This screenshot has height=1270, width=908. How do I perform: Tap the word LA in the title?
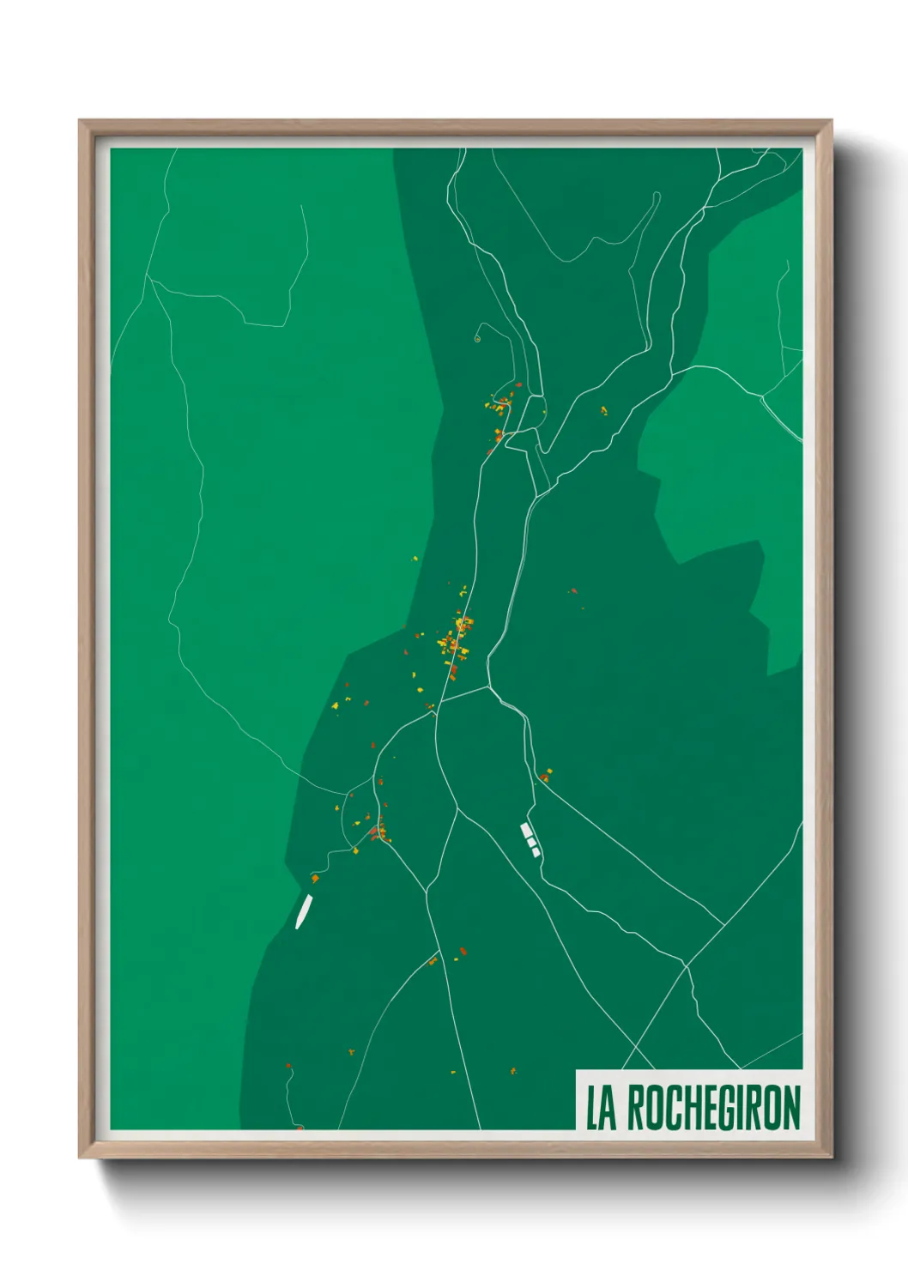(601, 1108)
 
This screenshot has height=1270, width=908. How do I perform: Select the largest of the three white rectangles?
(526, 830)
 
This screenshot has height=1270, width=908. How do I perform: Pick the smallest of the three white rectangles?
(536, 852)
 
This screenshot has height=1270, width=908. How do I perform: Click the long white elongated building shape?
(303, 911)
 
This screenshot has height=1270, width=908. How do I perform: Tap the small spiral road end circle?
(476, 338)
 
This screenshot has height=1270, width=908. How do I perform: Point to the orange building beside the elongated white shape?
(315, 878)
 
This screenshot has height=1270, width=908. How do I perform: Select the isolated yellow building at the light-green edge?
(415, 559)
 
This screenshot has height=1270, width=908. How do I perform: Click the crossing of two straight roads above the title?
(687, 966)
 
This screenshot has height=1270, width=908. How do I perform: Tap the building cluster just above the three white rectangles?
(545, 775)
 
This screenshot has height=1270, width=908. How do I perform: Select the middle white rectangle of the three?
(531, 842)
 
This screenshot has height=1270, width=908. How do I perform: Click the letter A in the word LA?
(608, 1108)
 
